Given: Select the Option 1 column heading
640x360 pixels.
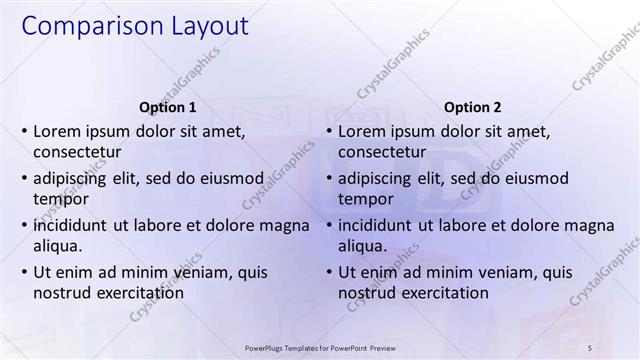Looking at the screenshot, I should [x=168, y=107].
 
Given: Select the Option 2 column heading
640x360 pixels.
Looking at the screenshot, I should [x=473, y=107].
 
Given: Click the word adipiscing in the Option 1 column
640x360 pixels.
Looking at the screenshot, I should [x=73, y=179].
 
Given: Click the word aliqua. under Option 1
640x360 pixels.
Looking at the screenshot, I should [x=57, y=246].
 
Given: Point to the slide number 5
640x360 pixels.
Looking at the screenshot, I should [x=590, y=348].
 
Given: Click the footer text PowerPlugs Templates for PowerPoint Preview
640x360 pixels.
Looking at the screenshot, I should [x=320, y=348].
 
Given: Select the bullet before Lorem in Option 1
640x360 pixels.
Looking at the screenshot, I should [x=24, y=132].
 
